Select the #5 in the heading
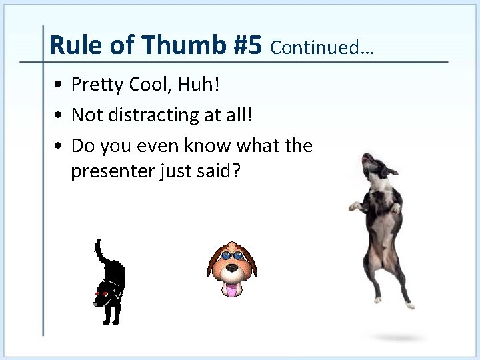(x=248, y=45)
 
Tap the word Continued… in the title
(x=323, y=48)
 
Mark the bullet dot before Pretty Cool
(x=60, y=85)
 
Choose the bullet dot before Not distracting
(x=60, y=116)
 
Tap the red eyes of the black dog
(x=101, y=294)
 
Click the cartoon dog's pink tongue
(x=231, y=289)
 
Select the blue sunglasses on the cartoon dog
(x=232, y=255)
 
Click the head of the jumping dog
(x=373, y=164)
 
